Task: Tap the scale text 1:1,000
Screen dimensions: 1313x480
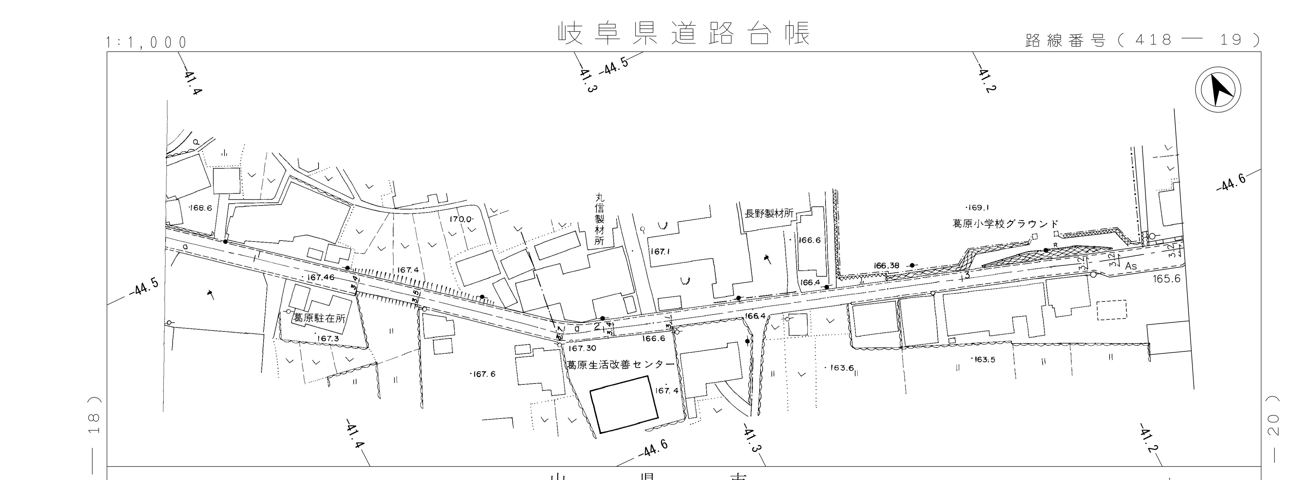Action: coord(147,43)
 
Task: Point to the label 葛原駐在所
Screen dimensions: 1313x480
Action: coord(319,318)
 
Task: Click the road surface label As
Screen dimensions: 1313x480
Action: coord(1131,266)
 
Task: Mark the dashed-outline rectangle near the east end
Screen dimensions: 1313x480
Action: coord(1112,310)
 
